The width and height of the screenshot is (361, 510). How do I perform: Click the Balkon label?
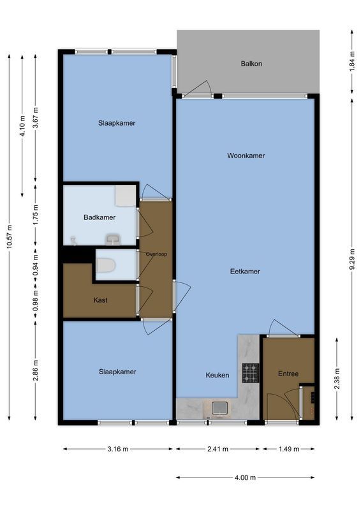click(251, 64)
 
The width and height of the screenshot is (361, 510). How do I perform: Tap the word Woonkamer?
click(246, 156)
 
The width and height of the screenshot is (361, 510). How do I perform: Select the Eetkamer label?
click(245, 272)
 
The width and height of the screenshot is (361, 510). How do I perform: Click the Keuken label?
click(217, 375)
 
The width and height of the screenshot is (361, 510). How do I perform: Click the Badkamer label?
click(99, 217)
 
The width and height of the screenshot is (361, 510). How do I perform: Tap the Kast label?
click(99, 300)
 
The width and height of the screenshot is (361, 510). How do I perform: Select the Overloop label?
click(156, 254)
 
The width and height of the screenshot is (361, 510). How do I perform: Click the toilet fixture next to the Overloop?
click(106, 265)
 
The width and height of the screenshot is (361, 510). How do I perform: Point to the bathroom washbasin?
click(114, 239)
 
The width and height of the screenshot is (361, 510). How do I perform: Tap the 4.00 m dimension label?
click(245, 477)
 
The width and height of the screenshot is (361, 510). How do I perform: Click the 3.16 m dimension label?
click(117, 449)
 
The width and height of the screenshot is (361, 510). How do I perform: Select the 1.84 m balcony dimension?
click(352, 64)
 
